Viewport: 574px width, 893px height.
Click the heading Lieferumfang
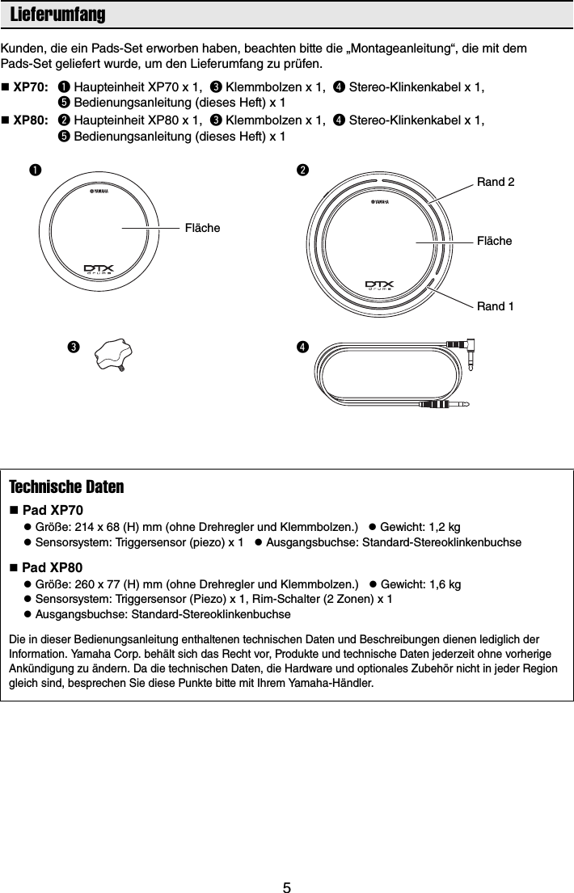[57, 15]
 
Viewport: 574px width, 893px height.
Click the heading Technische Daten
[66, 488]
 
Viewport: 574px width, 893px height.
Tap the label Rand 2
[495, 183]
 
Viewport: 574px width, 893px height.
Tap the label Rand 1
[495, 306]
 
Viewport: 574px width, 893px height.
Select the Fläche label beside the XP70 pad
[202, 229]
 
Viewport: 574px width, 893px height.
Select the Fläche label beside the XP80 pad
[495, 241]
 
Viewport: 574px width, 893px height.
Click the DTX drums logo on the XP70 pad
[100, 268]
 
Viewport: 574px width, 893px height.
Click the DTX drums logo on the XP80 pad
[378, 284]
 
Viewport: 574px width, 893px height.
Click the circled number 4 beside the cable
[301, 347]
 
